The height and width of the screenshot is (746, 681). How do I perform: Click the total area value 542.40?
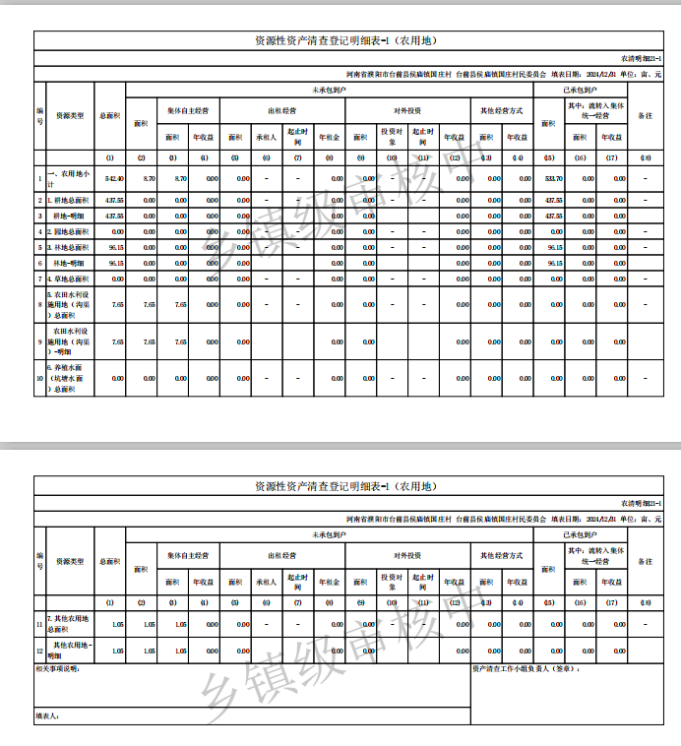(x=114, y=178)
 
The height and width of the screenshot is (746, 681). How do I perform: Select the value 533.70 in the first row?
(x=553, y=178)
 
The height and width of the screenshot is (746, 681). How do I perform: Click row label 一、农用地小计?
(x=69, y=178)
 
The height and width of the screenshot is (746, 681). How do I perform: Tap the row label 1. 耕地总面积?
(x=69, y=200)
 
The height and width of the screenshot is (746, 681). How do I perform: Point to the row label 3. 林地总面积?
(x=69, y=247)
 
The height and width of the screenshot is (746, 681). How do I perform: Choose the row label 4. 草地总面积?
(x=69, y=279)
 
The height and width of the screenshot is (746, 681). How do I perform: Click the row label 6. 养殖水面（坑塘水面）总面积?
(x=69, y=378)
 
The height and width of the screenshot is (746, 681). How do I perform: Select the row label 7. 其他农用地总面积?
(x=69, y=624)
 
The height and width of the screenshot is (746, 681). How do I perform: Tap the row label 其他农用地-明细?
(x=69, y=651)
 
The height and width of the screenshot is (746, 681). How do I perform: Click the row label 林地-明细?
(x=69, y=263)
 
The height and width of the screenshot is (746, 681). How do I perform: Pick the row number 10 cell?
(x=39, y=378)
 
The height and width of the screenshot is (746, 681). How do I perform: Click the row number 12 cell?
(x=39, y=651)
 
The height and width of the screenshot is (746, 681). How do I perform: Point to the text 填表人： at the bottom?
(x=47, y=716)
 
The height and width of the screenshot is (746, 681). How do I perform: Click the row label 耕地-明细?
(x=69, y=216)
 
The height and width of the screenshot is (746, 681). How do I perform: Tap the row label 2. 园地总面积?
(x=69, y=231)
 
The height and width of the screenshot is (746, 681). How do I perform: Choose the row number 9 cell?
(x=39, y=342)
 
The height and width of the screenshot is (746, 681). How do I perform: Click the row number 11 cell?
(x=39, y=624)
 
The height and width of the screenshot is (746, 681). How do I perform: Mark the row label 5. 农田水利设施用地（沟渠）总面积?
(x=69, y=305)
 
